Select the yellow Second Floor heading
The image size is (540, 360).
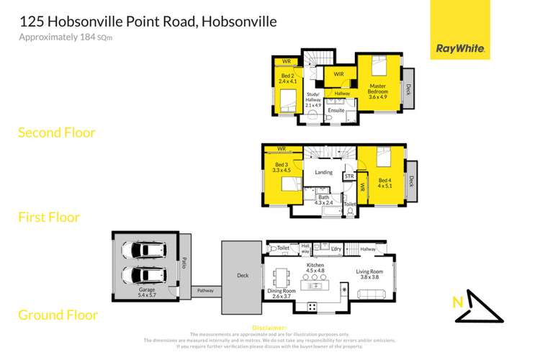pos(56,132)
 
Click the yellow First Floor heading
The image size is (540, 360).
pos(48,217)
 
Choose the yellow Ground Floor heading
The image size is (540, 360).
pos(58,315)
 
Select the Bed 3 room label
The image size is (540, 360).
pos(281,167)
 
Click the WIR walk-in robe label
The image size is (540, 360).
pos(338,73)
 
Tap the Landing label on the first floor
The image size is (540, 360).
pos(323,171)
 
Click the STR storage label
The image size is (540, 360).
pos(349,176)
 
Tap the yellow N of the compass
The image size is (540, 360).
pos(457,304)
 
